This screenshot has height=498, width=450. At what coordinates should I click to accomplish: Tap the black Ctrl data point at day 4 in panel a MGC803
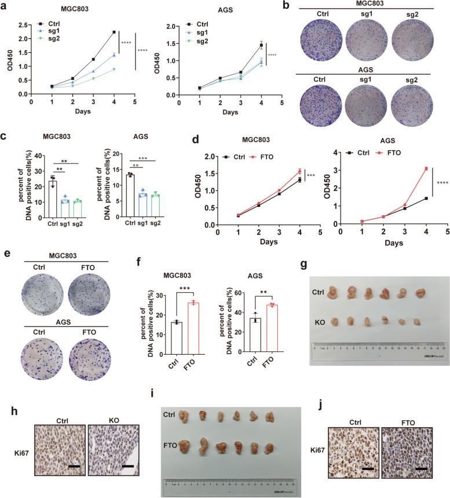114,32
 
